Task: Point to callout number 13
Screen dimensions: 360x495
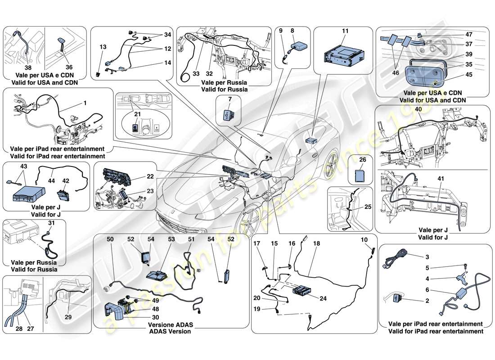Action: [103, 47]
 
